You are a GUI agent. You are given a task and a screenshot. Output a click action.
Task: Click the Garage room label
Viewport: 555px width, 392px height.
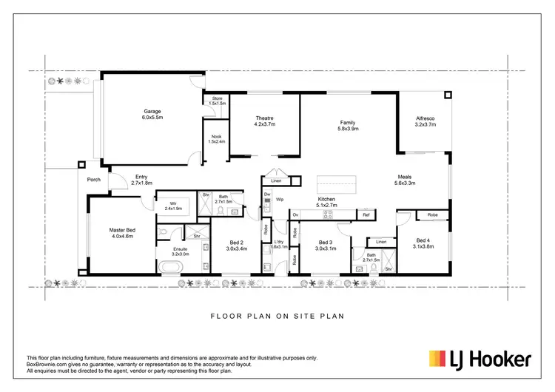tap(152, 112)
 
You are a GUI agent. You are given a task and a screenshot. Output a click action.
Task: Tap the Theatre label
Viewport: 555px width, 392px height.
tap(266, 118)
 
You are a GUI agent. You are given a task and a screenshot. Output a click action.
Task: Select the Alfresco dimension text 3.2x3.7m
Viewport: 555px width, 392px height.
tap(425, 125)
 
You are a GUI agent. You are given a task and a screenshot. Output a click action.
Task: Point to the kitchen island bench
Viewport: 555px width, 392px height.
tap(337, 182)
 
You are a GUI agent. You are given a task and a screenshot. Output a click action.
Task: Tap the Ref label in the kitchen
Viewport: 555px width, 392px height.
tap(366, 214)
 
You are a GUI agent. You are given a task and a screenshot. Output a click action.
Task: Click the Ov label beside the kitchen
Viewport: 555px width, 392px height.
tap(295, 214)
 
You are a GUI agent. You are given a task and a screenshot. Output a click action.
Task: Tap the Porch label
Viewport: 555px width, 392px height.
tap(94, 179)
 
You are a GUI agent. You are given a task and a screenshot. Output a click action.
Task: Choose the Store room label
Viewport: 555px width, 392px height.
tap(217, 98)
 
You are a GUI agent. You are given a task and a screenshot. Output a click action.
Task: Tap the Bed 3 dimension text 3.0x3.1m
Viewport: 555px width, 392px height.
tap(326, 249)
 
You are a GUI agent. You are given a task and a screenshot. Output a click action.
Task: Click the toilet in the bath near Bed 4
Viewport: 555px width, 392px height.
tap(360, 268)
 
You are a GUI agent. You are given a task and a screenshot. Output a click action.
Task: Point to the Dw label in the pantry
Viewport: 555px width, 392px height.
tap(267, 194)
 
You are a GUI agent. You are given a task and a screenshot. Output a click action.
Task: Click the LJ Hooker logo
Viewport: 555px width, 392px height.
tap(480, 359)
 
